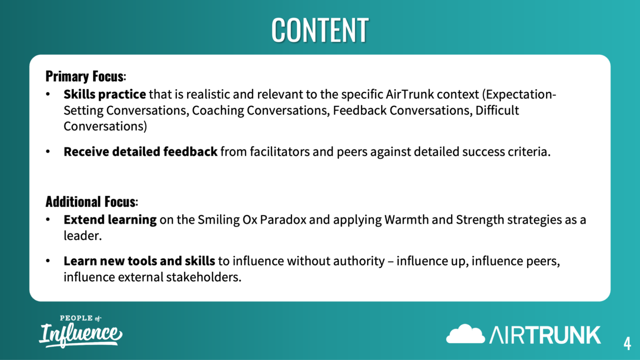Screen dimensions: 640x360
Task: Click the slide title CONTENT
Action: [320, 30]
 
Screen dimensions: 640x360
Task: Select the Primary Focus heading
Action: [86, 76]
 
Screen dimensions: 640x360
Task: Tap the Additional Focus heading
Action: [92, 202]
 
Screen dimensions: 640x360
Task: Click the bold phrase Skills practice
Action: [104, 95]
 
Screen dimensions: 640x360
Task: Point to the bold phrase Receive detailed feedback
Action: [140, 152]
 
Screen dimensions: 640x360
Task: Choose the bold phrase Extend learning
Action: [110, 220]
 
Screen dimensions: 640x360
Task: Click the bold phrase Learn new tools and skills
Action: [139, 261]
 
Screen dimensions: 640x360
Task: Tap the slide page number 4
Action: [627, 343]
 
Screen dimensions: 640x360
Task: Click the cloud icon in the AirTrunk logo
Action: [465, 334]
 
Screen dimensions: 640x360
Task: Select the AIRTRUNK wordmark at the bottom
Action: [545, 335]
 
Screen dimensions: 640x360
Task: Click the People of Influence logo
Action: [81, 331]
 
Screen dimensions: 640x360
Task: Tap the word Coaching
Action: [218, 111]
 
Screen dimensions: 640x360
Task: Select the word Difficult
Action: [497, 110]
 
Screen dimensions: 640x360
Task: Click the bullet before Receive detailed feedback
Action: [48, 152]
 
